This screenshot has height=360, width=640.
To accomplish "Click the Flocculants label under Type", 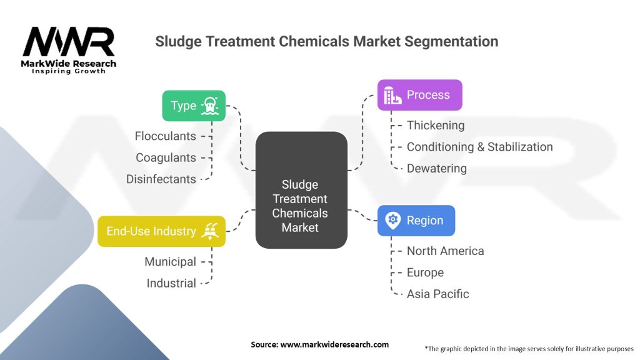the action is (165, 136).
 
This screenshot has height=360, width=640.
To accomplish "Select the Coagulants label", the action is (167, 157).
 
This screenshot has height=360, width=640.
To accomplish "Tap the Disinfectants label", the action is (161, 179).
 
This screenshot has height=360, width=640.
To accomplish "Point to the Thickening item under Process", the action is (436, 126).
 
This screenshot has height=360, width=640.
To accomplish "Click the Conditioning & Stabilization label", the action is (479, 147).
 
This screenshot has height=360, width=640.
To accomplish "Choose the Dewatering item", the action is (436, 168).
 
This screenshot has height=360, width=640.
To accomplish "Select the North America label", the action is (445, 251).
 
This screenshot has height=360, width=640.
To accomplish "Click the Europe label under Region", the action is (425, 272).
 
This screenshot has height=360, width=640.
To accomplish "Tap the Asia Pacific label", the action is (437, 294).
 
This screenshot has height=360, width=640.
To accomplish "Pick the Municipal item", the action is (170, 262).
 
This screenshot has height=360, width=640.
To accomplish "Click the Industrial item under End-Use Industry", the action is (171, 283).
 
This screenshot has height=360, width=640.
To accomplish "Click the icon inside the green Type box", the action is (210, 106).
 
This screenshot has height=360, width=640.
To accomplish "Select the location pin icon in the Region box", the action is (392, 221).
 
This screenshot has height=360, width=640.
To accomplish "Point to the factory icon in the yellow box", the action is (208, 231).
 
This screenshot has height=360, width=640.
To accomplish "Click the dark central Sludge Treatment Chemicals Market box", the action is (301, 199).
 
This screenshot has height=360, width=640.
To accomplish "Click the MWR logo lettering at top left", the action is (68, 43).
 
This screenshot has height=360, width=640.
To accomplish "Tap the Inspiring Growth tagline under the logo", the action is (69, 71).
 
